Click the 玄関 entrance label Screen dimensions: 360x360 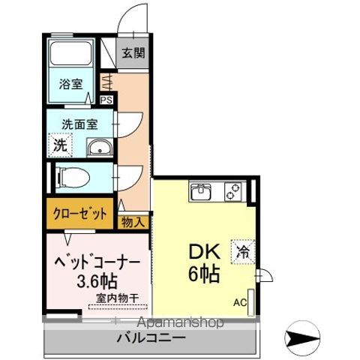pyautogui.click(x=135, y=53)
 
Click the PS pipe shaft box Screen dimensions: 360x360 pyautogui.click(x=106, y=98)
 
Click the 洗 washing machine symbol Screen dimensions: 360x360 pyautogui.click(x=59, y=144)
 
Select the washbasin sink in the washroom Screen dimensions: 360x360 pyautogui.click(x=98, y=148)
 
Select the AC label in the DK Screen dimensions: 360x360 pyautogui.click(x=239, y=302)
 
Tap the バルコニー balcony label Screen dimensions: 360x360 pyautogui.click(x=151, y=338)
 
